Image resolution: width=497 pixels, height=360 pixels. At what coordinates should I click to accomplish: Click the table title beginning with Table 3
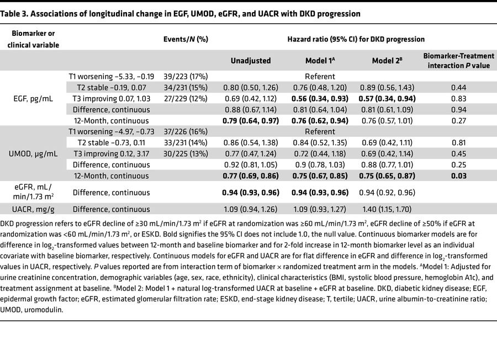coord(180,14)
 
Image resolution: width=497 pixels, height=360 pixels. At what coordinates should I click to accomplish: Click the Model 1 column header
coord(320,60)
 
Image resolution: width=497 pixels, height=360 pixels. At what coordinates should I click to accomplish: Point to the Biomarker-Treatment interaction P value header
coord(458,60)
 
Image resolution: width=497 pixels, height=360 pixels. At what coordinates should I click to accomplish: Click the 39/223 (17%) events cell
coord(186,77)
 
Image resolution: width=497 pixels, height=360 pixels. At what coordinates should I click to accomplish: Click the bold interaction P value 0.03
coord(458,176)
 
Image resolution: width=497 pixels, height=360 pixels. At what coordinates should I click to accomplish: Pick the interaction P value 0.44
coord(458,88)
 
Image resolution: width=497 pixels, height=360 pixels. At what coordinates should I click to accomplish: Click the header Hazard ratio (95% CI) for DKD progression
coord(356,40)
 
